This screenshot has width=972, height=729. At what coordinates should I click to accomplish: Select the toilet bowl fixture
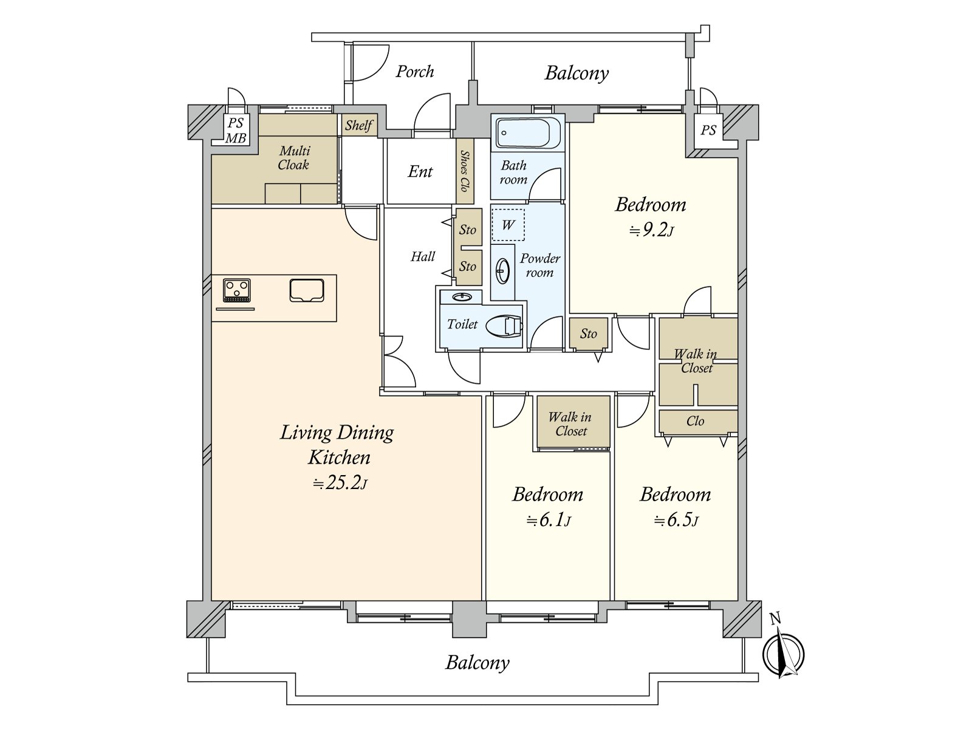504,326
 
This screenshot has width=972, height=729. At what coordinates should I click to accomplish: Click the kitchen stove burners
236,290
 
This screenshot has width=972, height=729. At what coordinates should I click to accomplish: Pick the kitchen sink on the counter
306,291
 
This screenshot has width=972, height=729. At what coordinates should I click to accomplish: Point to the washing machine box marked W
508,225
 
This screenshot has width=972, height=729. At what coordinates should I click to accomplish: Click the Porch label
414,72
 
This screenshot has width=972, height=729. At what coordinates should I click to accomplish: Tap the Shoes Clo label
465,171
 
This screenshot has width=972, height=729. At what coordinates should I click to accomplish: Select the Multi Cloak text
293,157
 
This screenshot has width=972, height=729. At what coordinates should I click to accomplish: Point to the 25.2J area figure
340,483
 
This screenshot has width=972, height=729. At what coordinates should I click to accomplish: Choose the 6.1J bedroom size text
548,520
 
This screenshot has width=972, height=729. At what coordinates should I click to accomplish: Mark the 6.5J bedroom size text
676,520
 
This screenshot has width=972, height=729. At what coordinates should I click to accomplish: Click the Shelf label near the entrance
358,125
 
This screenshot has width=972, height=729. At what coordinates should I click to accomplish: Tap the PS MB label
236,131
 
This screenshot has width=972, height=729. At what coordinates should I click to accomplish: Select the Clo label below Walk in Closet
695,421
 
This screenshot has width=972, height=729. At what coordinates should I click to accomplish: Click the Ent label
420,171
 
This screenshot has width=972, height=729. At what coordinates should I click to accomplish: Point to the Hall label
422,256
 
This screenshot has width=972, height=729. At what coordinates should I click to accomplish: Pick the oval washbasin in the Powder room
503,270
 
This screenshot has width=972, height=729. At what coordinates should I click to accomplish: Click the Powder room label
540,265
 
